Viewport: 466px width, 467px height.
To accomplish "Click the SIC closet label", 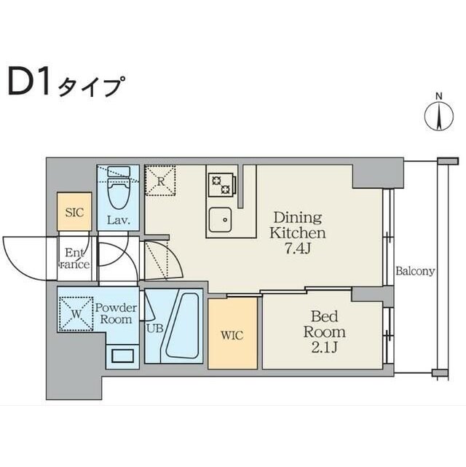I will [74, 213].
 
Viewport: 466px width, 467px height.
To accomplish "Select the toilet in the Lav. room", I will [117, 191].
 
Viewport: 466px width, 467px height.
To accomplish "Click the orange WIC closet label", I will [232, 336].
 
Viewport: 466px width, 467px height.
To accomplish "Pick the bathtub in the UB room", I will [181, 329].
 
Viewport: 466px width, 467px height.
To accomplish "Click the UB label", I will [155, 328].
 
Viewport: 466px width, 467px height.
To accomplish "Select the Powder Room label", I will [114, 313].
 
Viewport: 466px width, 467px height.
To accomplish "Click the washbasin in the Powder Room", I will [122, 356].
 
